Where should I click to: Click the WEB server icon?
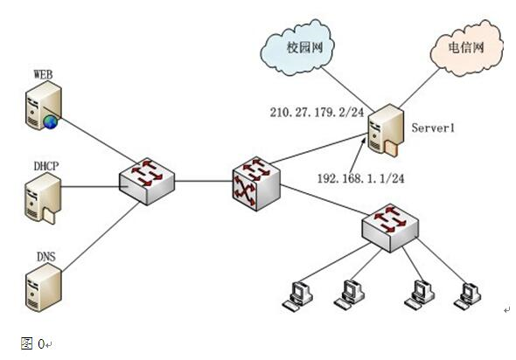pos(43,105)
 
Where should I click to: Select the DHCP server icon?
pos(43,198)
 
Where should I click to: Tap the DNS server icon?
pos(44,287)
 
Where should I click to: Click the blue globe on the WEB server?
pos(51,122)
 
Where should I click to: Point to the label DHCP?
pos(46,166)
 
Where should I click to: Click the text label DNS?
pos(46,256)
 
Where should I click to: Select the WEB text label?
pos(43,74)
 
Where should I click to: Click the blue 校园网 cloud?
pos(297,48)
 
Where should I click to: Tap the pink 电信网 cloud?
pos(467,48)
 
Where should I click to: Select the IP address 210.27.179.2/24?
pos(317,113)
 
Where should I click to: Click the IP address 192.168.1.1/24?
pos(360,178)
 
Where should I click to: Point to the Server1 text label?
pos(433,128)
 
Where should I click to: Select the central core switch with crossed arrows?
pos(256,183)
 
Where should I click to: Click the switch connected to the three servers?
pos(147,182)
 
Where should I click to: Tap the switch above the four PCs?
pos(390,228)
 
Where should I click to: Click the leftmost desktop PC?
pos(298,295)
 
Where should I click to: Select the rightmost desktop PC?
pos(468,296)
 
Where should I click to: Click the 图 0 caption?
pos(32,343)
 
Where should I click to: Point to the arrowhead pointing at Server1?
pos(363,142)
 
